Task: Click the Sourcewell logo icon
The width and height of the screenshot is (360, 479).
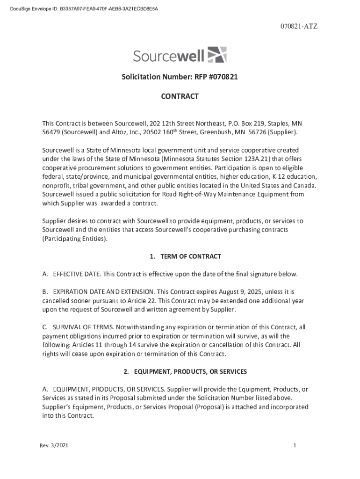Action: tap(216, 55)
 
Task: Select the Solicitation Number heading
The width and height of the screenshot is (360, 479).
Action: tap(180, 77)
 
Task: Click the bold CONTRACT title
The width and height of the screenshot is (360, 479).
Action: tap(180, 96)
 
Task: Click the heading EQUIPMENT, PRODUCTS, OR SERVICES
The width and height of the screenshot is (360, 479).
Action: tap(185, 371)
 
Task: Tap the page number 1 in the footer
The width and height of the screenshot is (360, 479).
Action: tap(295, 446)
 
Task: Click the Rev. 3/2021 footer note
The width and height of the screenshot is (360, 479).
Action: tap(54, 446)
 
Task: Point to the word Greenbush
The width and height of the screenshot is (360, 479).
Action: tap(216, 132)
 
